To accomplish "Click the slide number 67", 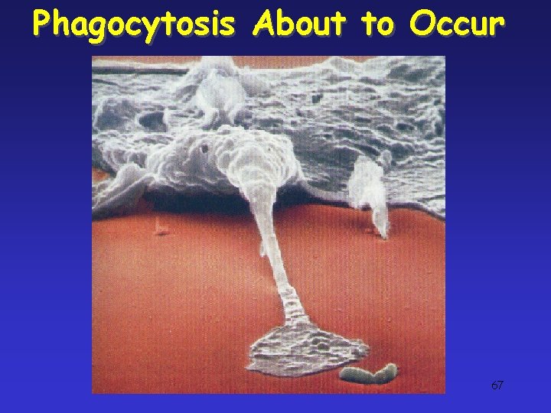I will tap(497, 385).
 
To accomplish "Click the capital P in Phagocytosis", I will tap(42, 24).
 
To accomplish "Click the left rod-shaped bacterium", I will tap(354, 376).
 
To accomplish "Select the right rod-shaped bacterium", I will tap(384, 372).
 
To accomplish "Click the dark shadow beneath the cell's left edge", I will tap(176, 200).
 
